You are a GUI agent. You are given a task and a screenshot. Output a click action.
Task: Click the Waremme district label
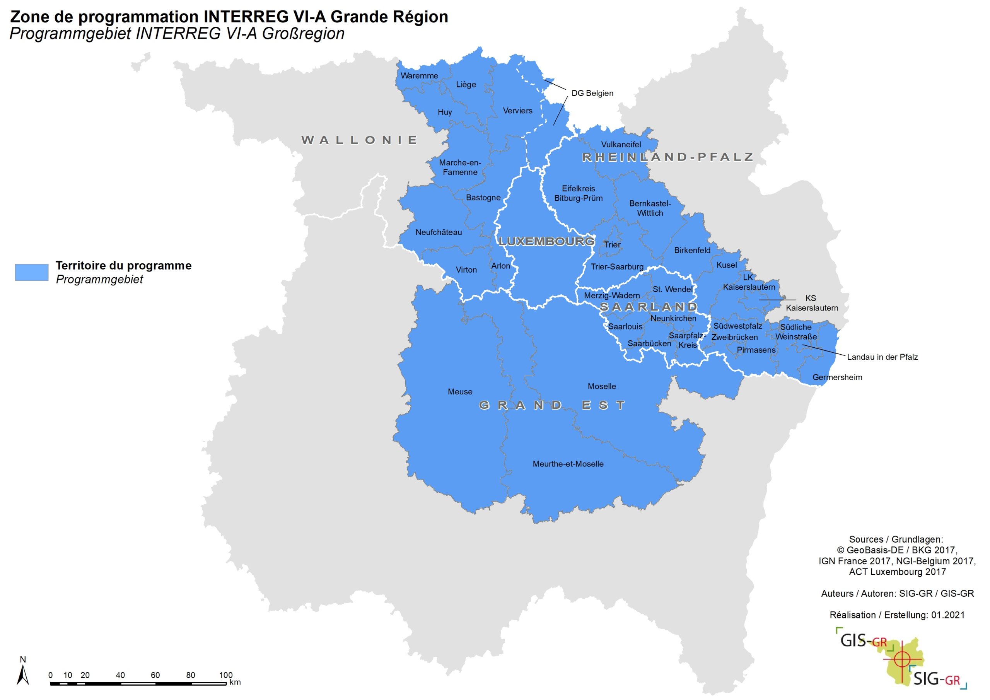pyautogui.click(x=419, y=76)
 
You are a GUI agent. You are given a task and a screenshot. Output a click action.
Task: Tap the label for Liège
pyautogui.click(x=466, y=85)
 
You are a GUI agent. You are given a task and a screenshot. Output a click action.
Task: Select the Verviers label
pyautogui.click(x=517, y=111)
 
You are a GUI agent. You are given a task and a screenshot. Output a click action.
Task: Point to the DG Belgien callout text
pyautogui.click(x=592, y=93)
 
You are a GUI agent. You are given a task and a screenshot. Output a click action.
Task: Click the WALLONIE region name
pyautogui.click(x=359, y=140)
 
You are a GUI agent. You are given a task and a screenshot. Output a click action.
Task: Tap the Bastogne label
pyautogui.click(x=483, y=198)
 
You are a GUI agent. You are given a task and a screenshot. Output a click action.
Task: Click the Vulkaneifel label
pyautogui.click(x=621, y=145)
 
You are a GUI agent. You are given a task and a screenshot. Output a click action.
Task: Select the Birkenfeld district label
pyautogui.click(x=692, y=250)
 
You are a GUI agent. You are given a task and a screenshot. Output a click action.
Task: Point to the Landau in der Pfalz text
pyautogui.click(x=882, y=357)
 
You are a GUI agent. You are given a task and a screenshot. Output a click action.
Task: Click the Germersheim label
pyautogui.click(x=837, y=377)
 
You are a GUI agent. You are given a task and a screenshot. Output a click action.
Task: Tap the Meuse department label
pyautogui.click(x=460, y=392)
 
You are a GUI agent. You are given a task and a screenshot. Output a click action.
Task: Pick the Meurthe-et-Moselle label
pyautogui.click(x=568, y=464)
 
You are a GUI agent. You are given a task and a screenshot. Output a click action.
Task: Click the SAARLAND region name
pyautogui.click(x=649, y=307)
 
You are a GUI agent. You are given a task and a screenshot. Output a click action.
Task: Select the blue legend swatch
pyautogui.click(x=31, y=272)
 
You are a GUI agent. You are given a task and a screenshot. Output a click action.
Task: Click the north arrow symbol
pyautogui.click(x=23, y=675)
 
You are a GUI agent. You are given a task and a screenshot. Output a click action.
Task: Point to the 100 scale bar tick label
pyautogui.click(x=225, y=675)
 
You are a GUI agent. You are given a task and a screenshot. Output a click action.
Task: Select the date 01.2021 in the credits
pyautogui.click(x=948, y=615)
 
